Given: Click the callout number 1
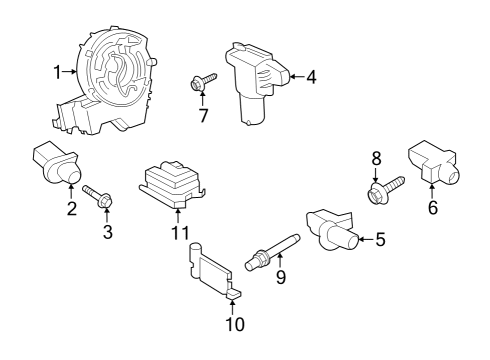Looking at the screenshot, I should [58, 71].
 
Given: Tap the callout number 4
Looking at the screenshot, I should [311, 75].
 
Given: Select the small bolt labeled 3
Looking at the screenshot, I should [101, 197].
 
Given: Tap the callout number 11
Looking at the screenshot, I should [179, 233].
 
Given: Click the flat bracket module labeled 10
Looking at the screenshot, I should [213, 271].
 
